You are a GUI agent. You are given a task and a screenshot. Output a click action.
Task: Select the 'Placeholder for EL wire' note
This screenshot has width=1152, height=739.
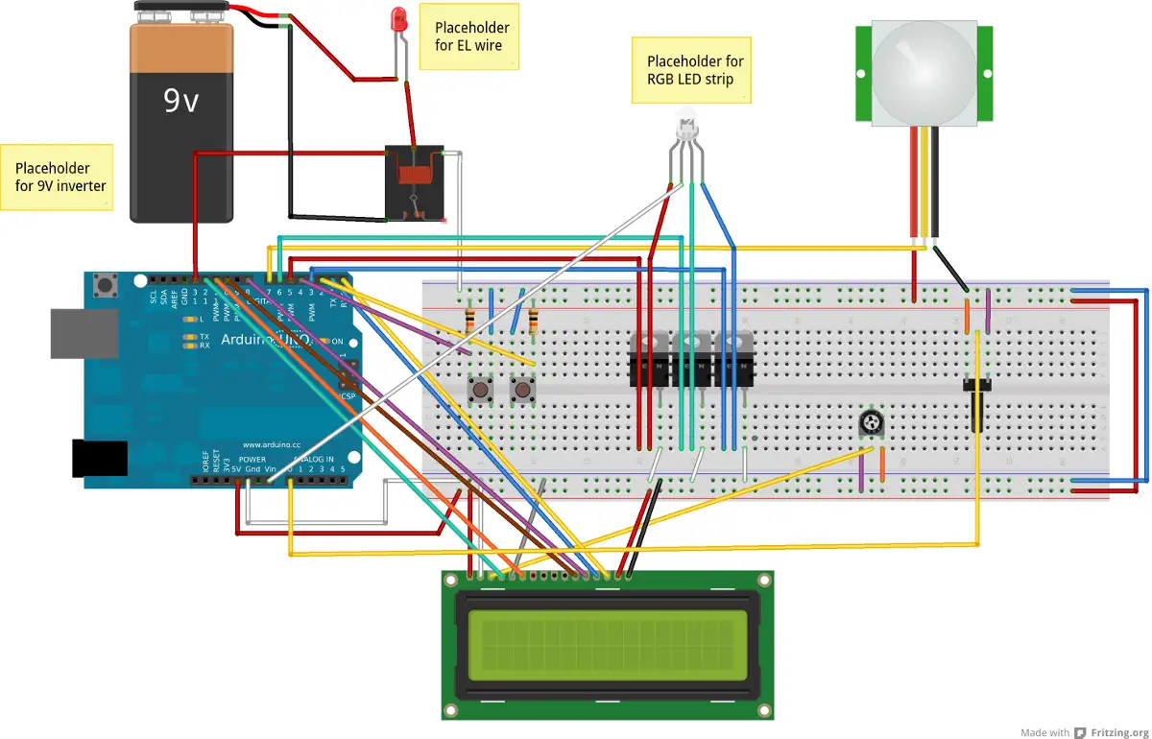coord(470,36)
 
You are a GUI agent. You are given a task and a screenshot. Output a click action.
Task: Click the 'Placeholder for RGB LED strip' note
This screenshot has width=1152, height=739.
coord(690,70)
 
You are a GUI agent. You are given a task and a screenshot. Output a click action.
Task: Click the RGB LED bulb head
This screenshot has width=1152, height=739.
coord(687,130)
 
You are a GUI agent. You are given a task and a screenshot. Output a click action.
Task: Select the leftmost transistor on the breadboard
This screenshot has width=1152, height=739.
coord(648,359)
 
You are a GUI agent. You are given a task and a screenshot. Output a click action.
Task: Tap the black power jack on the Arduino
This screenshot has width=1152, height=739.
coord(101,458)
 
